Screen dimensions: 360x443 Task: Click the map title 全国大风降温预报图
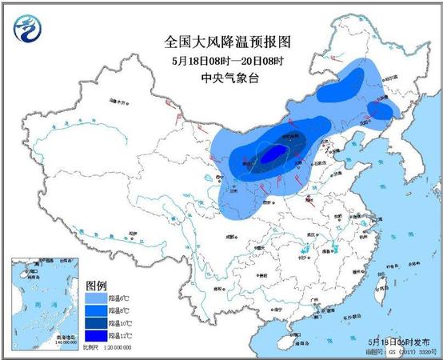pyautogui.click(x=221, y=40)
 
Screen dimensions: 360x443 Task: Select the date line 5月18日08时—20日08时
pyautogui.click(x=221, y=60)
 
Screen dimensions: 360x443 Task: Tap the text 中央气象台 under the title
pyautogui.click(x=221, y=78)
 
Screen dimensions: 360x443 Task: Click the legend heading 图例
pyautogui.click(x=97, y=285)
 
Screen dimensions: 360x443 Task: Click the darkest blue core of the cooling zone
pyautogui.click(x=273, y=153)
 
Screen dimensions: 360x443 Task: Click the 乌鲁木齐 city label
pyautogui.click(x=118, y=102)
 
